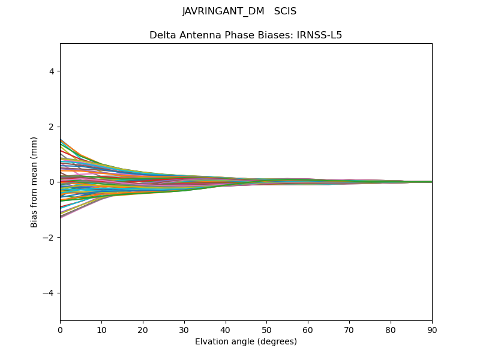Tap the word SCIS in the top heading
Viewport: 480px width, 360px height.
point(285,11)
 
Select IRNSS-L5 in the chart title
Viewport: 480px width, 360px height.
point(319,35)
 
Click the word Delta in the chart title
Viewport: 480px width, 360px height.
point(163,35)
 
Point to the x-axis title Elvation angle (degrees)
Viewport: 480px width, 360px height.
point(246,341)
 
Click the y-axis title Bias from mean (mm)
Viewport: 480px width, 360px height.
point(35,182)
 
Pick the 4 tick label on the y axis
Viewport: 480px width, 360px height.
point(52,71)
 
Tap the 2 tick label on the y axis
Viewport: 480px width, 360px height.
point(52,127)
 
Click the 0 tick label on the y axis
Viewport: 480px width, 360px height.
point(52,182)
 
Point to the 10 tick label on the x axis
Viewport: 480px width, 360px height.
point(101,329)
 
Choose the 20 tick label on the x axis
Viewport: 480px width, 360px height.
point(143,329)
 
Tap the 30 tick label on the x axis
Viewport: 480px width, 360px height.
point(184,329)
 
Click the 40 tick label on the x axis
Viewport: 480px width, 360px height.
point(226,329)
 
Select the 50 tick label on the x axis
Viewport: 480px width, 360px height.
point(266,329)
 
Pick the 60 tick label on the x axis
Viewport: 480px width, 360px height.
point(308,329)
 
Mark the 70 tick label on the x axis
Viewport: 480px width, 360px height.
point(349,329)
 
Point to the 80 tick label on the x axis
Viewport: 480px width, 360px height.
point(391,329)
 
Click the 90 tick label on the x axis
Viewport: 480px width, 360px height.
point(432,329)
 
